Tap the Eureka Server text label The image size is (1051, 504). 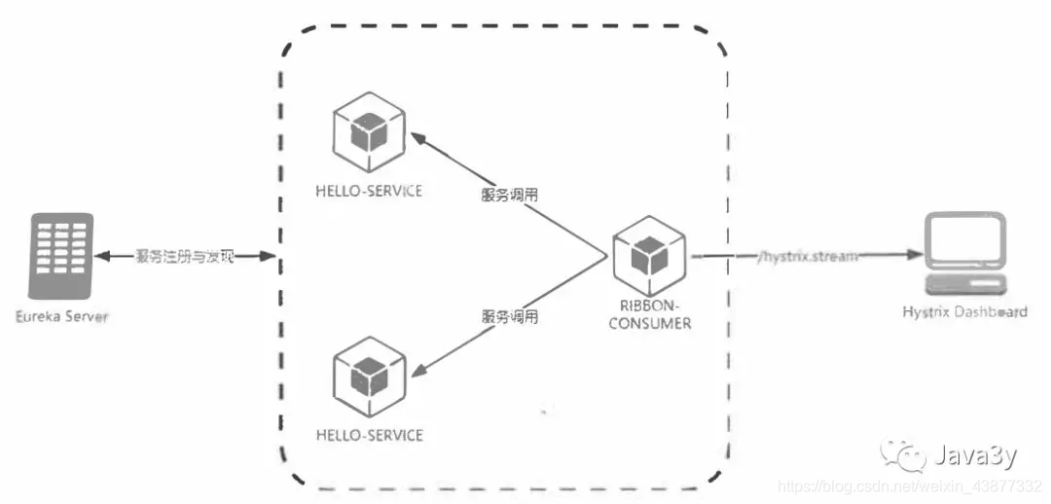click(60, 317)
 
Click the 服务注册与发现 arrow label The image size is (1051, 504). click(185, 256)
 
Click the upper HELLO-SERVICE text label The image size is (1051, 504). click(369, 191)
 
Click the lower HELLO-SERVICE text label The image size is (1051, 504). click(369, 434)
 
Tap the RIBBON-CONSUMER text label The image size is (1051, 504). click(649, 314)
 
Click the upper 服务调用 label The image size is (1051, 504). click(510, 195)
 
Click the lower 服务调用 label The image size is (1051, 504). click(510, 317)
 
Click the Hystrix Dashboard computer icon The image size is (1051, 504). click(963, 255)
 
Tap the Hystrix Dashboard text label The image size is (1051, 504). click(963, 311)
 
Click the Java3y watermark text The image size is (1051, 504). click(976, 454)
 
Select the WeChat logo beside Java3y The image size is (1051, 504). click(904, 454)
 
